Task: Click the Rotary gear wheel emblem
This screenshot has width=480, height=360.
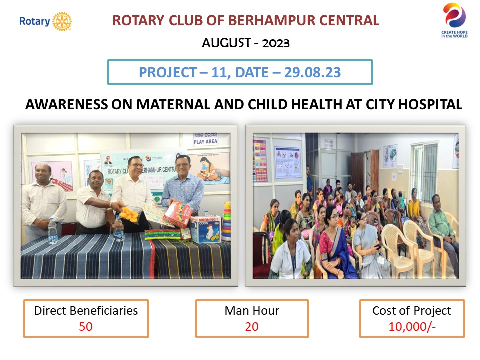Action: (x=62, y=21)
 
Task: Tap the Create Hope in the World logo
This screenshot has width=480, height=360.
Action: (x=454, y=20)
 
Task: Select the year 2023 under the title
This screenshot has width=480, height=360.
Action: (x=276, y=43)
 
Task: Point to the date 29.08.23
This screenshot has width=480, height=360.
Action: (x=312, y=72)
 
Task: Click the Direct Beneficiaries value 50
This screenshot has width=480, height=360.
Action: (x=85, y=326)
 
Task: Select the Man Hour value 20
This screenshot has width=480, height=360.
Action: (x=252, y=326)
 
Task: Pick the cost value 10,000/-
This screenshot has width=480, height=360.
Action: (x=412, y=326)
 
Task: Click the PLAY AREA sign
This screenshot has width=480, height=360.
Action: (x=205, y=139)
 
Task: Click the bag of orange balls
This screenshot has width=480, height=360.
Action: (x=130, y=214)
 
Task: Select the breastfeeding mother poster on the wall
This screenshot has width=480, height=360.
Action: (x=213, y=169)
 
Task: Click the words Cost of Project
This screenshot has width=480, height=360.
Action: (x=411, y=311)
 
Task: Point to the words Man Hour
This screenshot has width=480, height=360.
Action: (x=252, y=311)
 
